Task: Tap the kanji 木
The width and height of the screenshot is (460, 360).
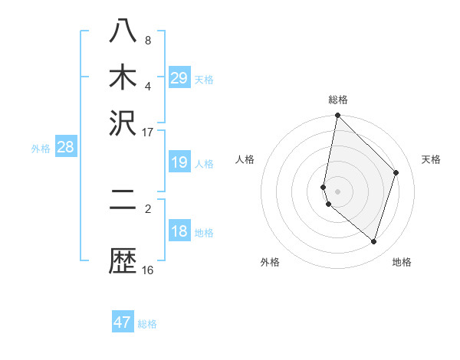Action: click(x=123, y=77)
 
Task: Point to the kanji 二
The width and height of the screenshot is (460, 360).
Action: click(x=123, y=201)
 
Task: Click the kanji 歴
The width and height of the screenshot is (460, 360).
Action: click(x=123, y=260)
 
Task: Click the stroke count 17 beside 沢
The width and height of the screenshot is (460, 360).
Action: click(x=148, y=132)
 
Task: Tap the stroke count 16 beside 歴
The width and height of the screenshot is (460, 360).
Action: click(x=148, y=270)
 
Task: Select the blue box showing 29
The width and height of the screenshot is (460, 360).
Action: click(x=179, y=78)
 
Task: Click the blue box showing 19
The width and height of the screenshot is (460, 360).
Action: click(x=179, y=162)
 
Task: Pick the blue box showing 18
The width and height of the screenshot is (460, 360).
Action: click(x=179, y=232)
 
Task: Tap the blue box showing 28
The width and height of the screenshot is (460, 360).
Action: click(x=65, y=148)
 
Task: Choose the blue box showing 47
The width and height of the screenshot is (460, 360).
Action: click(x=123, y=322)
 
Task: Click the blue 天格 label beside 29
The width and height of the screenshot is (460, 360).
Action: click(x=204, y=80)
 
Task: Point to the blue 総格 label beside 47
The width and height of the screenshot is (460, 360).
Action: click(x=147, y=324)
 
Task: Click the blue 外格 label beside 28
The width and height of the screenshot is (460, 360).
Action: click(x=41, y=149)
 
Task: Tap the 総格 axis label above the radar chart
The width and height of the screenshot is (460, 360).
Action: click(x=338, y=100)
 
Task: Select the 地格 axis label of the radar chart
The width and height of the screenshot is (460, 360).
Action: click(x=402, y=262)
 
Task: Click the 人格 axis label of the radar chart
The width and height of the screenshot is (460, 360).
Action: click(x=245, y=159)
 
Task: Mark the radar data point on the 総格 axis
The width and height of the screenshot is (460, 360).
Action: click(x=337, y=116)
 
